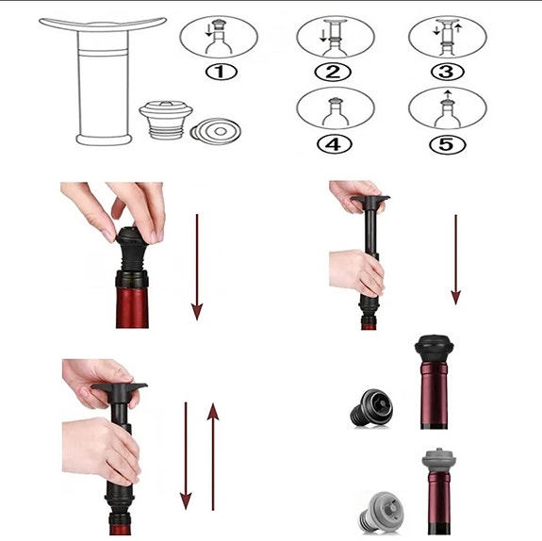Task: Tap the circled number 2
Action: pyautogui.click(x=335, y=70)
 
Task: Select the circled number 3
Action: pyautogui.click(x=448, y=71)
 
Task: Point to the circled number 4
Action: pyautogui.click(x=335, y=145)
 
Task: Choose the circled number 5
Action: pyautogui.click(x=448, y=145)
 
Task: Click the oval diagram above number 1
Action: pyautogui.click(x=218, y=37)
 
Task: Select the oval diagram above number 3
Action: pyautogui.click(x=448, y=37)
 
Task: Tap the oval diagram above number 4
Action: pyautogui.click(x=335, y=108)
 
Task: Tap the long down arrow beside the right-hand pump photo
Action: pyautogui.click(x=456, y=258)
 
